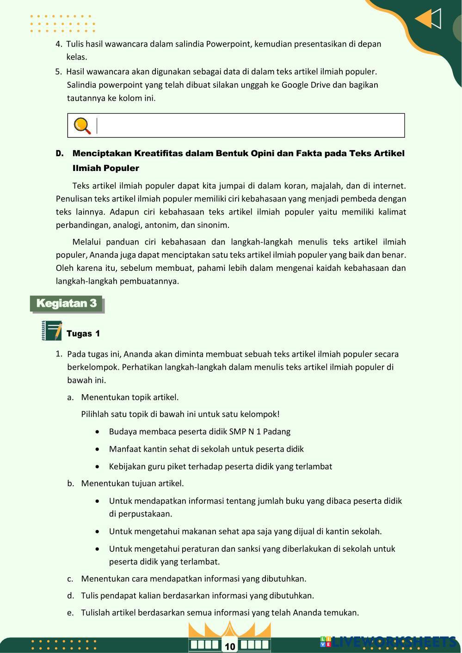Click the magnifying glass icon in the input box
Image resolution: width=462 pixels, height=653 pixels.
click(x=82, y=126)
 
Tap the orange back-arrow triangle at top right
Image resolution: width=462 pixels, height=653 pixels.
click(x=424, y=19)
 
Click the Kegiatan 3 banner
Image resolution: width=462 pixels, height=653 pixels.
click(x=67, y=304)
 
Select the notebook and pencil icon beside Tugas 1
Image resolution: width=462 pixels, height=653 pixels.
click(x=52, y=331)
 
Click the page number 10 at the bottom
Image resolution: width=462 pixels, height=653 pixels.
click(x=230, y=647)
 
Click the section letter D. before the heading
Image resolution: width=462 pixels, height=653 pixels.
click(x=60, y=153)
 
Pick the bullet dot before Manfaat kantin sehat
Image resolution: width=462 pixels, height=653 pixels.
click(x=97, y=449)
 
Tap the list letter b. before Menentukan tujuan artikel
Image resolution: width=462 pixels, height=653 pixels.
click(x=70, y=483)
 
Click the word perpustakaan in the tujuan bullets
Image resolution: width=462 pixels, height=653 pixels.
click(x=145, y=514)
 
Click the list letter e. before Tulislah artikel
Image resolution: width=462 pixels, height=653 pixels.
click(x=70, y=613)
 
